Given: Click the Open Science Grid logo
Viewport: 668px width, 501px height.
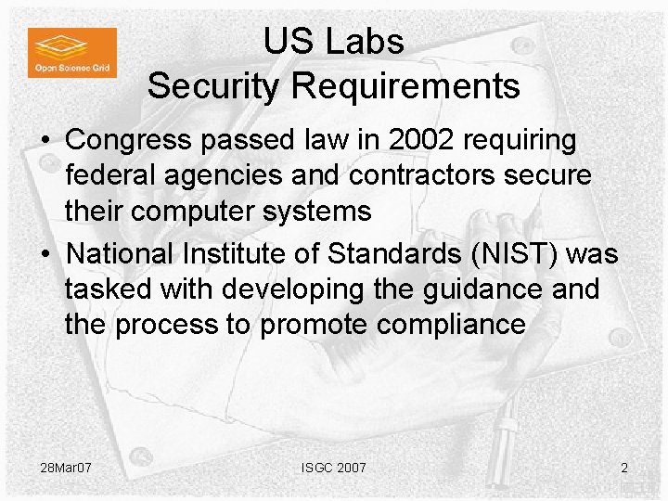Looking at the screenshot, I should click(71, 52).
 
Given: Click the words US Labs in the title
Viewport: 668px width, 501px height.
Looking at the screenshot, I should click(333, 41).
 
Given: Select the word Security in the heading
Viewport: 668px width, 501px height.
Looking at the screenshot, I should click(215, 85).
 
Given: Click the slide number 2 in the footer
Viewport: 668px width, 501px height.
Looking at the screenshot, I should click(623, 468).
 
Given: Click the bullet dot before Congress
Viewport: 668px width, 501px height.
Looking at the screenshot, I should click(45, 142).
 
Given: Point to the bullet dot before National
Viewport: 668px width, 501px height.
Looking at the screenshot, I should click(45, 253).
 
